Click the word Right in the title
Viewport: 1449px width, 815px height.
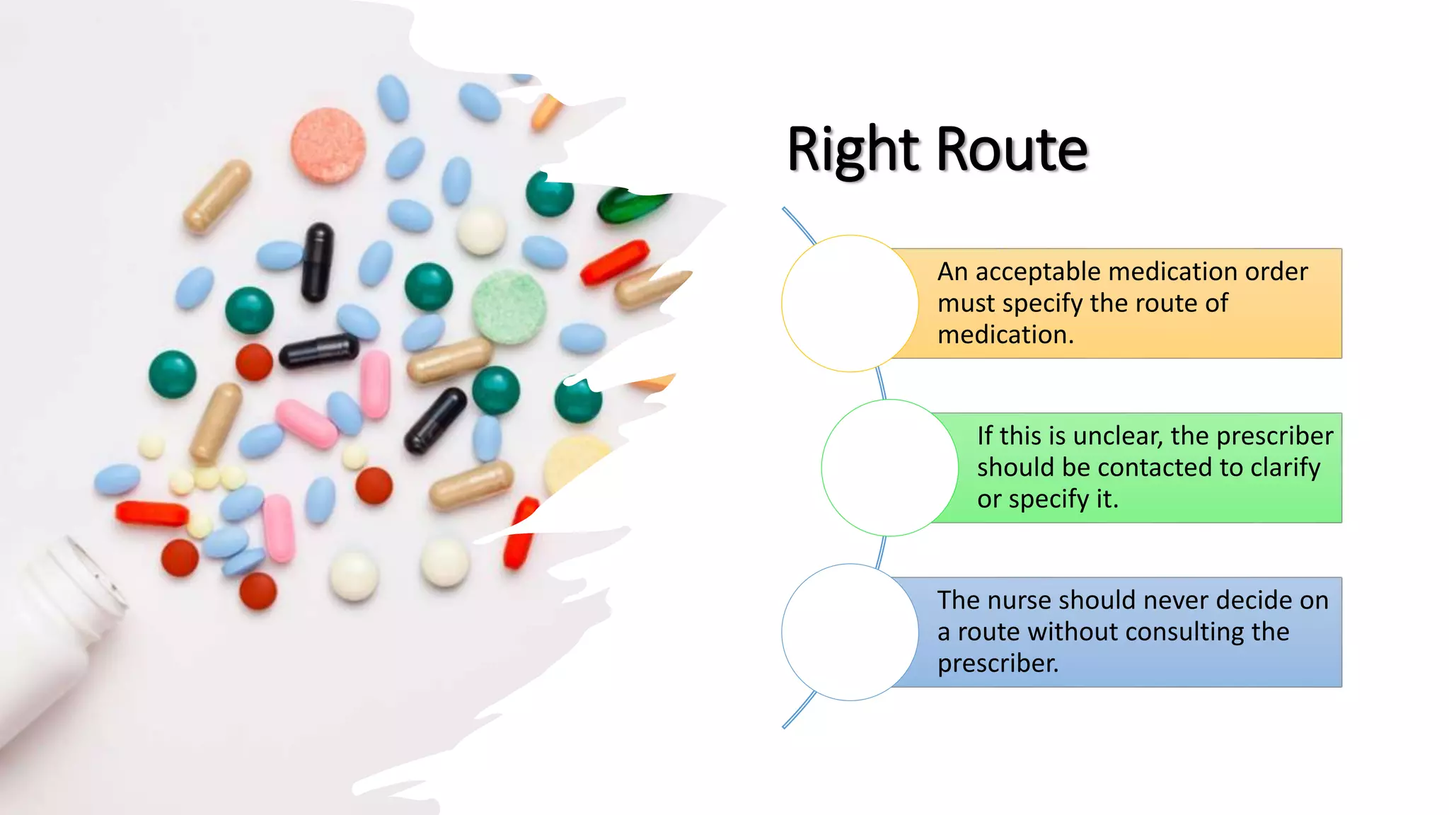[853, 149]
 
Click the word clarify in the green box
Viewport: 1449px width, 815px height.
[1285, 468]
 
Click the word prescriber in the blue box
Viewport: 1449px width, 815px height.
[998, 664]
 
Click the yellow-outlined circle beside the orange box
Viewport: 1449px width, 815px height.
[850, 304]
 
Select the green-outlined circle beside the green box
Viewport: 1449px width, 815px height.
[889, 468]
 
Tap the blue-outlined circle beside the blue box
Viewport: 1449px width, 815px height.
[850, 632]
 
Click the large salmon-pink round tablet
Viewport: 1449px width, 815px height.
[328, 145]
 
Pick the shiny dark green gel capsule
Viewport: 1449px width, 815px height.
[631, 204]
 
